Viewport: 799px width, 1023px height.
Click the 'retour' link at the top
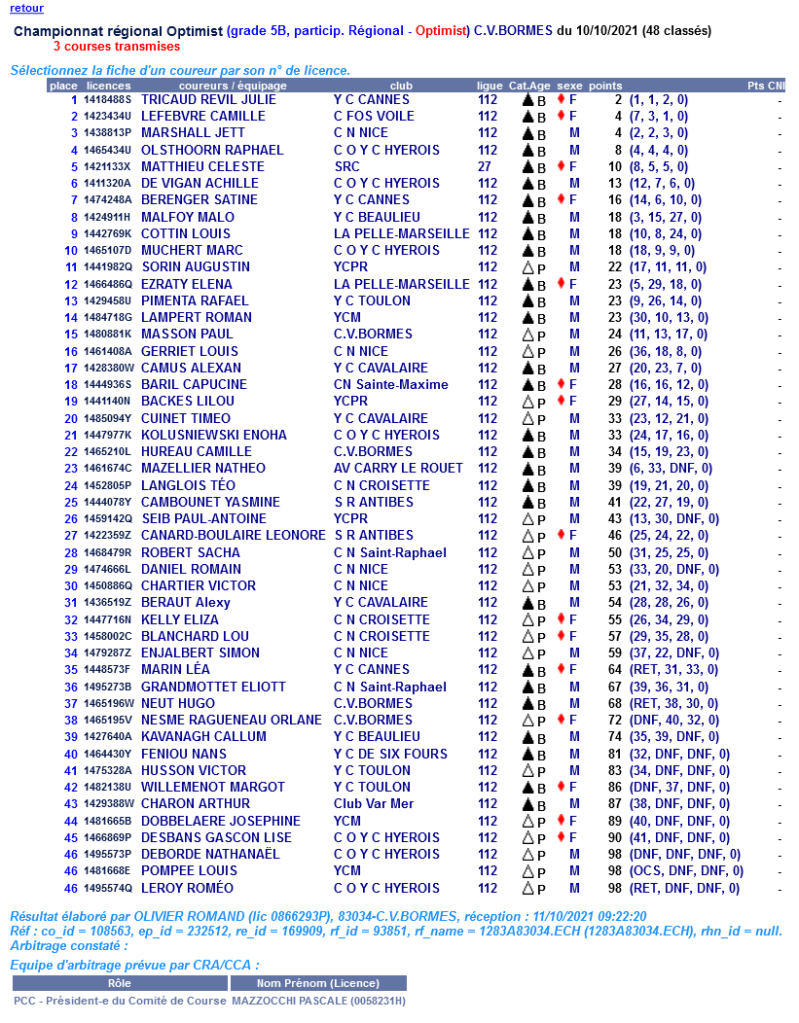tap(26, 8)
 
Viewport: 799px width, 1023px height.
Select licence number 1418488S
tap(107, 99)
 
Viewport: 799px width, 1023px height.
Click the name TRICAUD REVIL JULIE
tap(208, 99)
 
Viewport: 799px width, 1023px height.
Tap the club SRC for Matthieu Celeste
tap(346, 166)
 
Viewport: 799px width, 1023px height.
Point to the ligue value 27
tap(484, 166)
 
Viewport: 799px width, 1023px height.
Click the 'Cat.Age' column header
tap(529, 86)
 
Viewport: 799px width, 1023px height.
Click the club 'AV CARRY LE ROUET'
tap(398, 469)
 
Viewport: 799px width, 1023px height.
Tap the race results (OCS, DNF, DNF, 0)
tap(686, 871)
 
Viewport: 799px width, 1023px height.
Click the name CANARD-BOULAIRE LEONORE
tap(234, 536)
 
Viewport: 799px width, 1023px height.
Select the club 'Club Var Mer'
tap(374, 804)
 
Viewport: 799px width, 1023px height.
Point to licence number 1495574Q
tap(107, 888)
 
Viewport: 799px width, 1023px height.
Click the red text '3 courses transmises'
tap(117, 46)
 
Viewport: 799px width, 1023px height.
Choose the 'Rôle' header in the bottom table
tap(120, 983)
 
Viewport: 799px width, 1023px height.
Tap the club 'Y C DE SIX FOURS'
tap(390, 754)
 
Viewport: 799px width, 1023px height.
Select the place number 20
tap(71, 418)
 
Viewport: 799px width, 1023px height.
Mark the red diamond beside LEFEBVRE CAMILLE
tap(560, 116)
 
